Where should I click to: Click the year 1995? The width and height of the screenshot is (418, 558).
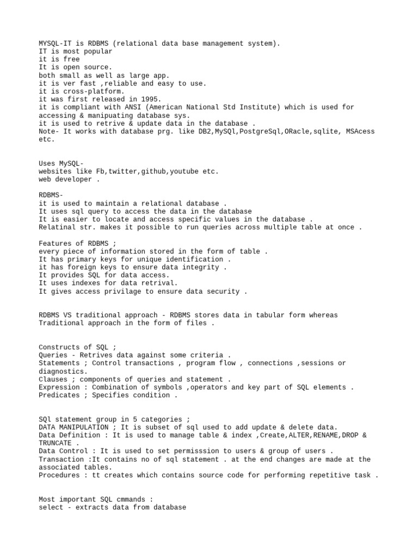[x=149, y=99]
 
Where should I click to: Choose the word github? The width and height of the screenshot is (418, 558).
[x=153, y=171]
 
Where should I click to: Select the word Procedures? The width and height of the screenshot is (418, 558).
[x=59, y=475]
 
